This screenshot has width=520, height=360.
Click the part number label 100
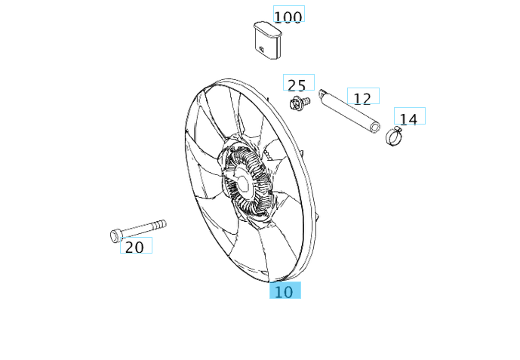(x=288, y=17)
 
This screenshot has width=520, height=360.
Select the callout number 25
(x=297, y=85)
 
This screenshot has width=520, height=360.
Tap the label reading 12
(x=362, y=97)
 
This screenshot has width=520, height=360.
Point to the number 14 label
(x=408, y=118)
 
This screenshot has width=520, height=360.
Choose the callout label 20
(x=134, y=246)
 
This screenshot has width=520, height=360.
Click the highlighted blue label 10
(x=285, y=291)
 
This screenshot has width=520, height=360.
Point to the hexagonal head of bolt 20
(x=115, y=235)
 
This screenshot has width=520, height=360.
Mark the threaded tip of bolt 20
(x=162, y=223)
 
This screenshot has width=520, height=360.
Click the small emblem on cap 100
(x=261, y=51)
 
